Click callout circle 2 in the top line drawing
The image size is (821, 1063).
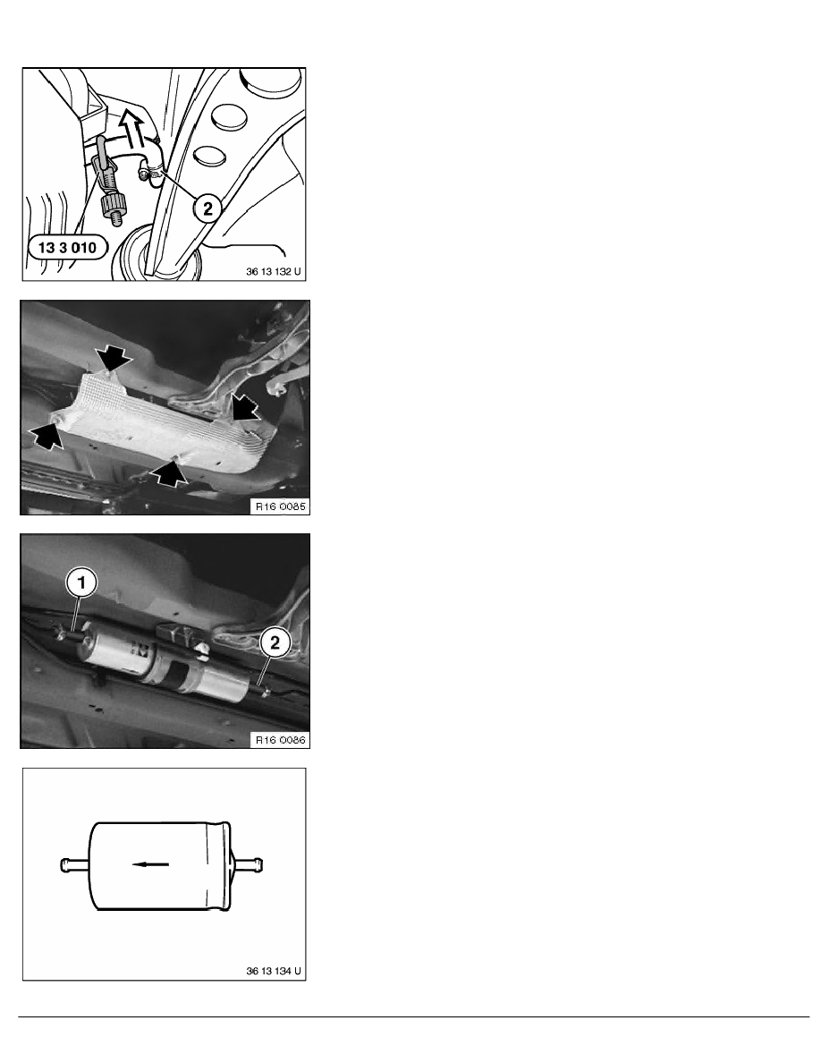click(x=207, y=209)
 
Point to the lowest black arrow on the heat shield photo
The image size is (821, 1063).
click(x=172, y=472)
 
